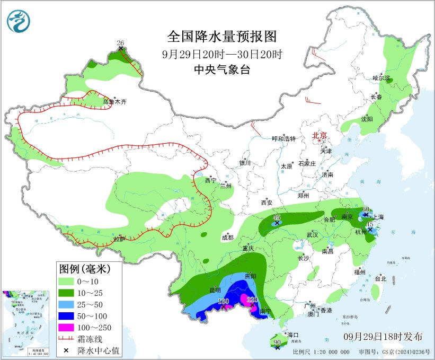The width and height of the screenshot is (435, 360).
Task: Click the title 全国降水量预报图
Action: [x=222, y=37]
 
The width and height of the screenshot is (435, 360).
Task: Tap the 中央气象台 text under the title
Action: [x=222, y=69]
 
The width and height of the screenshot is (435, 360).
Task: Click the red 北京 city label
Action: [x=320, y=136]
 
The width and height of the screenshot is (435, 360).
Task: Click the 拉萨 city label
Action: [x=120, y=239]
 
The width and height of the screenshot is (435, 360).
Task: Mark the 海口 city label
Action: [x=294, y=335]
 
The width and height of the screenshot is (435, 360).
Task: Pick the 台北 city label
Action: [x=380, y=278]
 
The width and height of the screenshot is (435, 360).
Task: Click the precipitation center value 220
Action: [x=252, y=300]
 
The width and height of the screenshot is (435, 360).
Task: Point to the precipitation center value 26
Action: [x=120, y=43]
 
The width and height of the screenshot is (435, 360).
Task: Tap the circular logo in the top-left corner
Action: [x=19, y=20]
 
